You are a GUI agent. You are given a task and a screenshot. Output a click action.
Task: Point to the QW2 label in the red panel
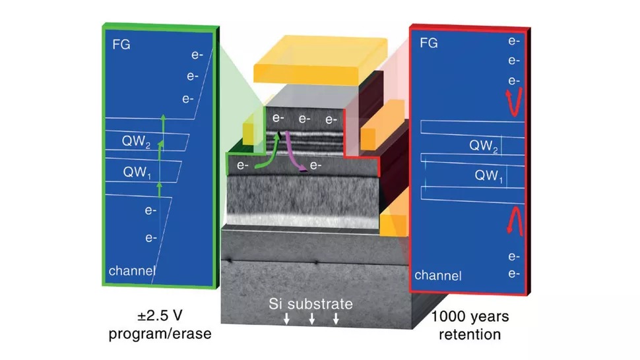(x=484, y=146)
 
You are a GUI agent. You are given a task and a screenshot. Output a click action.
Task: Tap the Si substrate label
(x=311, y=305)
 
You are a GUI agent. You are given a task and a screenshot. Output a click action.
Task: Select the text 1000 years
(x=469, y=317)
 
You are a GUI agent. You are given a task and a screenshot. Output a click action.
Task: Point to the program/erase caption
(x=160, y=334)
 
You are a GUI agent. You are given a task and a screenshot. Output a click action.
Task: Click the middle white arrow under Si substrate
(x=312, y=319)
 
